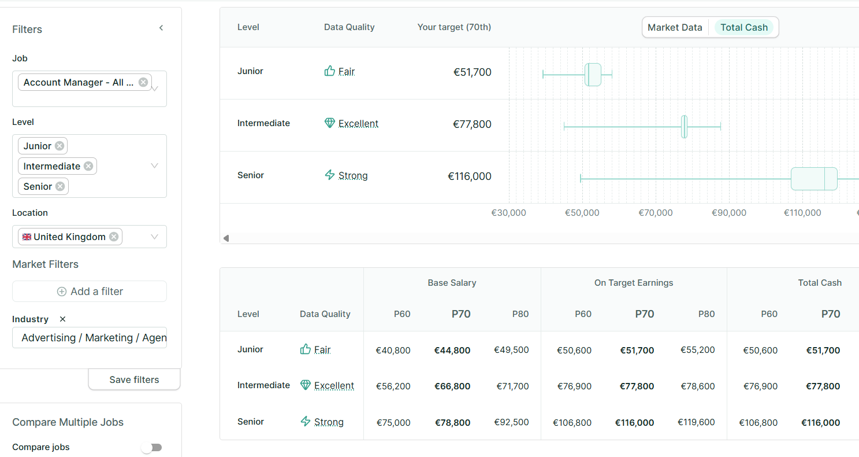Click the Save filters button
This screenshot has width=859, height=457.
point(134,379)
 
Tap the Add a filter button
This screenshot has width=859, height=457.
point(90,292)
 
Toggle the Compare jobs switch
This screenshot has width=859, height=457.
point(152,447)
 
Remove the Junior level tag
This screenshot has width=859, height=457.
point(60,146)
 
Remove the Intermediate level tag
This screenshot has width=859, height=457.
point(88,166)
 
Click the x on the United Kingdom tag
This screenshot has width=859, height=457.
point(114,237)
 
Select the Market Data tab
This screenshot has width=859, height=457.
point(675,27)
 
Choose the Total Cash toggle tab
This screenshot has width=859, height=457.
point(744,27)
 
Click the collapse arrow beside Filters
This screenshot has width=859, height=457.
point(161,28)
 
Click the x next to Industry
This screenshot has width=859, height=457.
point(63,319)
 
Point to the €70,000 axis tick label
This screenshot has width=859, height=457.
point(656,213)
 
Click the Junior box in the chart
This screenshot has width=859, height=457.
point(593,75)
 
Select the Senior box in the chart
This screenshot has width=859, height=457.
point(814,179)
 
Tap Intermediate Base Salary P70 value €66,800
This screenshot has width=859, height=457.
point(452,386)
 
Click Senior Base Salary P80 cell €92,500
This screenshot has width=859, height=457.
point(511,422)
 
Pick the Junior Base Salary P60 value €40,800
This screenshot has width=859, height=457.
point(393,350)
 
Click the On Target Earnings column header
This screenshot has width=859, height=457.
point(634,283)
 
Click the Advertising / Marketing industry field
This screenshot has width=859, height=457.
point(90,338)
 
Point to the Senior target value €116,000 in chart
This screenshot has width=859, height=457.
point(470,176)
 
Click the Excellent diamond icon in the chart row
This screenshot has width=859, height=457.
point(329,123)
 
